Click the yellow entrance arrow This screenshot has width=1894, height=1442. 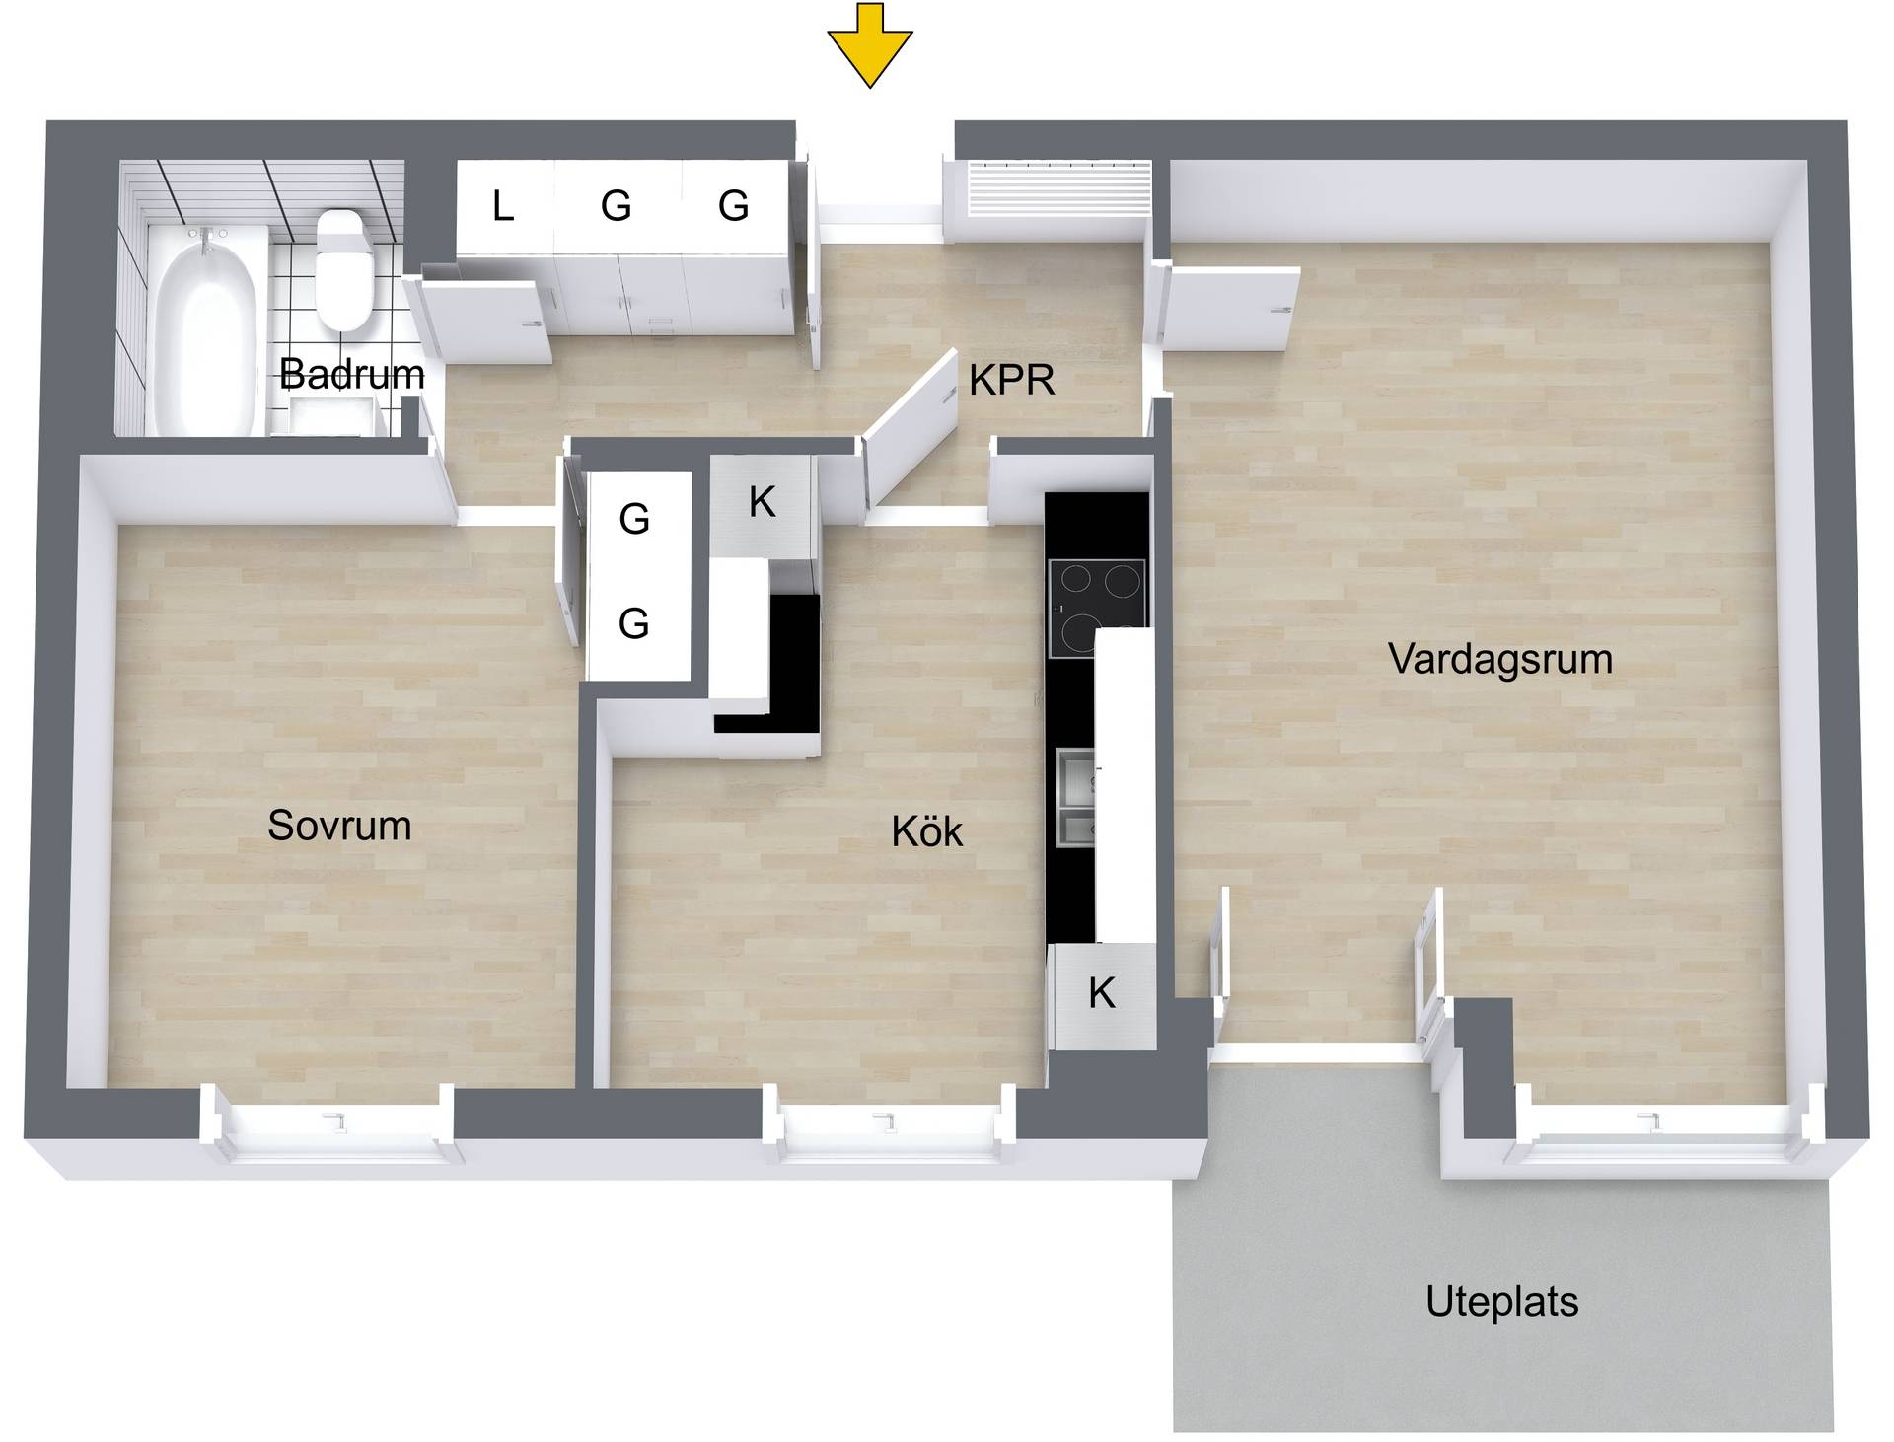coord(869,45)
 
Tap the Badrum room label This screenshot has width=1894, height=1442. coord(351,374)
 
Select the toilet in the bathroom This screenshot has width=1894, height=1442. coord(343,269)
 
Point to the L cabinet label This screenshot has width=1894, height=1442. coord(503,207)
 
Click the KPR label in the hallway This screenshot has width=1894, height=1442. coord(1011,380)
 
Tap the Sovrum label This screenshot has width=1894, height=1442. coord(339,826)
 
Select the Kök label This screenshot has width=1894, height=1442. coord(926,831)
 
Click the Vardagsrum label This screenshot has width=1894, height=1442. coord(1499,659)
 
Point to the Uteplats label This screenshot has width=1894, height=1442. coord(1501,1302)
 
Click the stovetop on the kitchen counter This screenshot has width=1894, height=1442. coord(1097,607)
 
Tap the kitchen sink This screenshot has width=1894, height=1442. coord(1075,797)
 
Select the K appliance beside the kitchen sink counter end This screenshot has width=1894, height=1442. coord(1102,994)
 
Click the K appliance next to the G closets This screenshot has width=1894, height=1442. coord(762,503)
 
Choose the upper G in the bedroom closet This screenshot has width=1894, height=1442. coord(634,519)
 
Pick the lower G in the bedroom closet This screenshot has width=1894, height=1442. coord(633,623)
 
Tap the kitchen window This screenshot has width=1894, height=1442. coord(889,1124)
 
